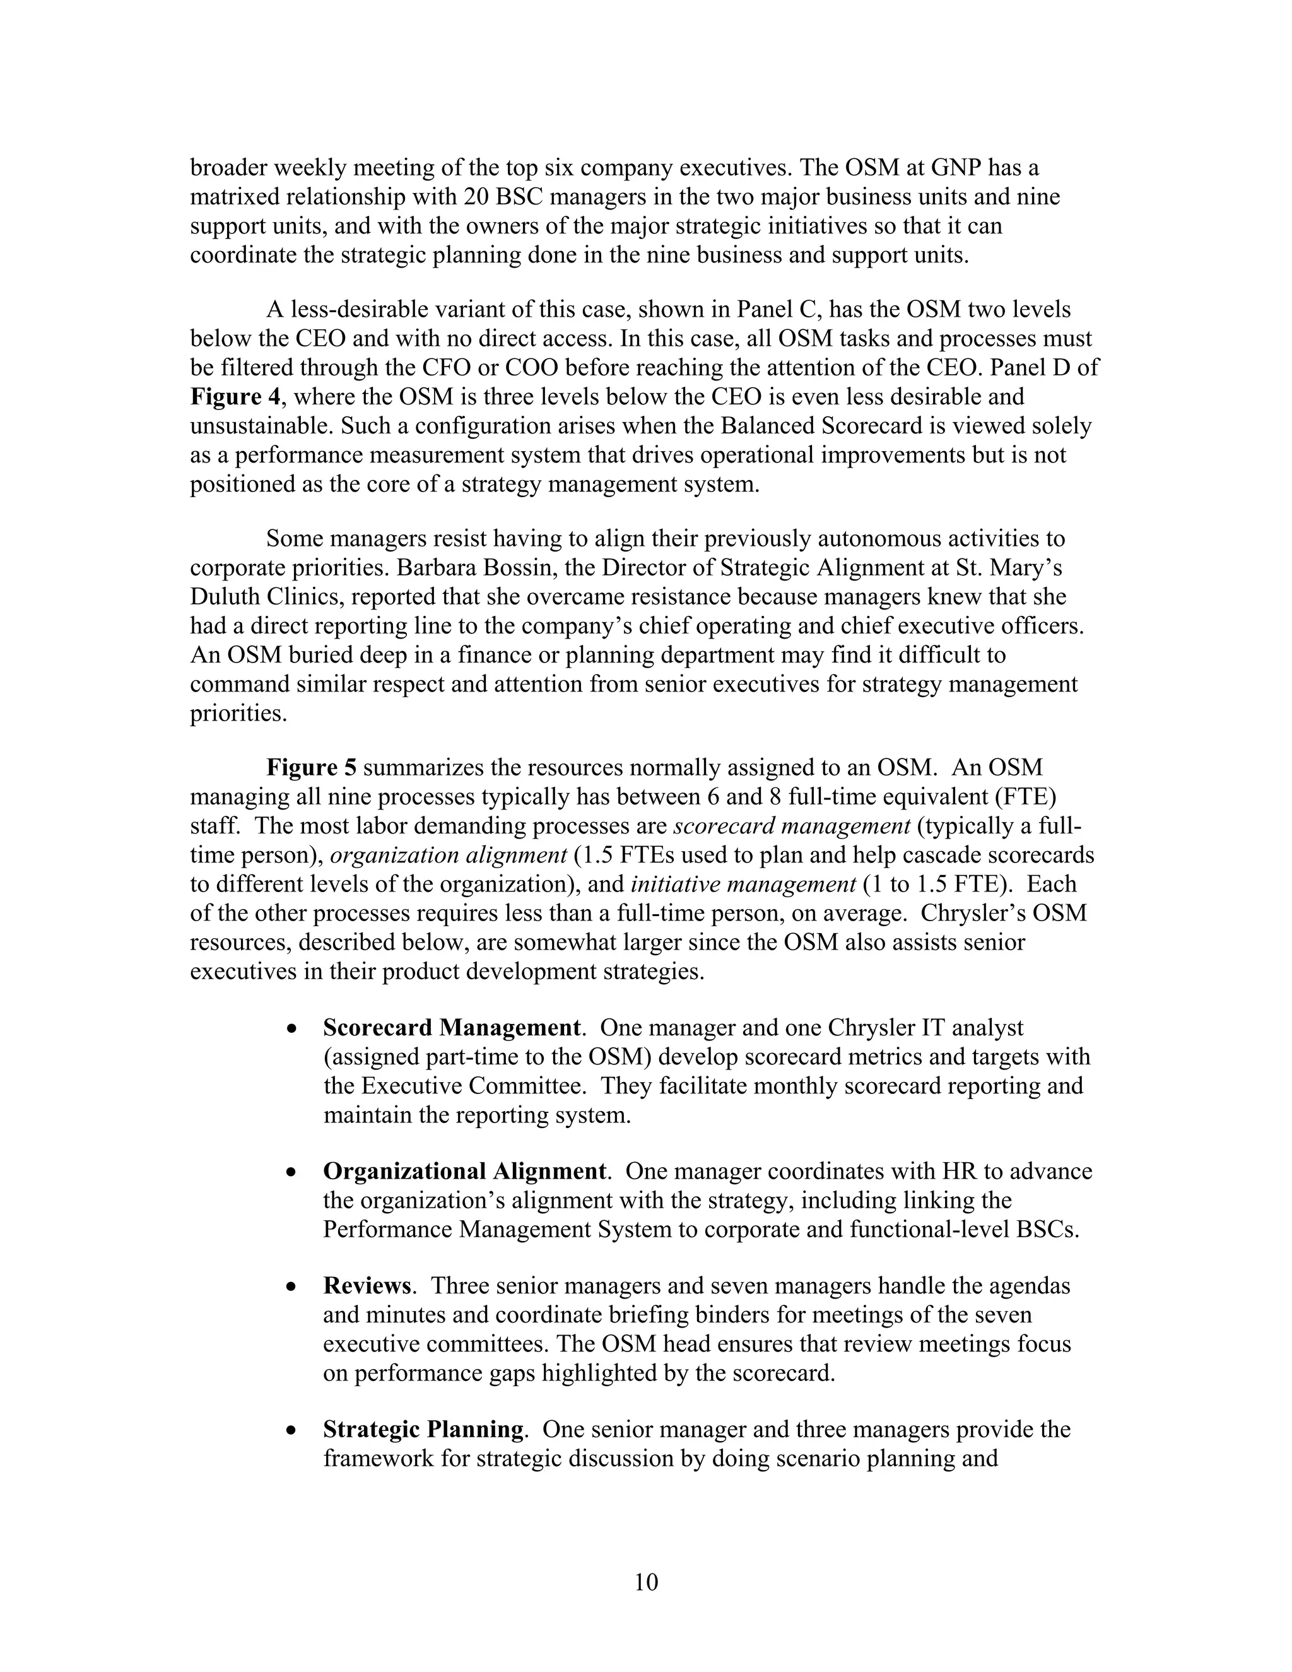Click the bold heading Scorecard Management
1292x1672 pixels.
coord(451,1027)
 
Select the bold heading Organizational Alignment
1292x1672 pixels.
coord(464,1171)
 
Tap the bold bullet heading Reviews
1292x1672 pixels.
coord(367,1285)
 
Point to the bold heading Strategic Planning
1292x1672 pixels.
coord(423,1429)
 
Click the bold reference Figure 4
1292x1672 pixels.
coord(235,397)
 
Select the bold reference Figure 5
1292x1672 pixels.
coord(312,768)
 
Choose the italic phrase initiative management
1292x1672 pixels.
coord(743,884)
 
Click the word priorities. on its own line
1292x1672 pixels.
coord(238,714)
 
